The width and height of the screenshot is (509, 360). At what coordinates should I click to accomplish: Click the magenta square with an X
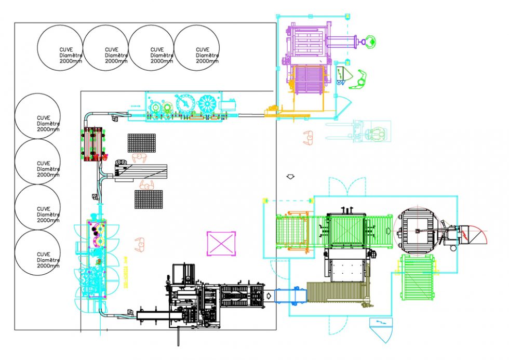click(x=221, y=243)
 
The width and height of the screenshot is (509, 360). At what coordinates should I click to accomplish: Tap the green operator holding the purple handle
click(x=369, y=39)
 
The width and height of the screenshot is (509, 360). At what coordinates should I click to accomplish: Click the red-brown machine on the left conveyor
click(x=94, y=144)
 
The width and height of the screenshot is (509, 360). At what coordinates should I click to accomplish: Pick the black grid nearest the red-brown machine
click(x=141, y=143)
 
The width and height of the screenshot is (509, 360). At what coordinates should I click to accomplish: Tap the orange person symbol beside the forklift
click(x=309, y=138)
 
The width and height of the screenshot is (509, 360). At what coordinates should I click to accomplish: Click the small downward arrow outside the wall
click(x=291, y=177)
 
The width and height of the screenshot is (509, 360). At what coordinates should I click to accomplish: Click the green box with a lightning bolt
click(x=341, y=74)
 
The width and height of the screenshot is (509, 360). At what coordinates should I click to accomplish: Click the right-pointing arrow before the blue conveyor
click(x=269, y=295)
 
